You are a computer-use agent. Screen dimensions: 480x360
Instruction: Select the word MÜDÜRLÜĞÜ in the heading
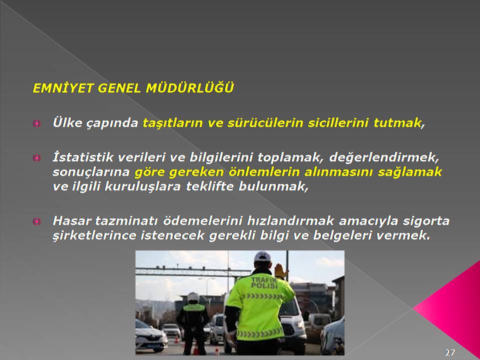[190, 87]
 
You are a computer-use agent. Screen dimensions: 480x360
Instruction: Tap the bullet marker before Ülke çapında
[36, 123]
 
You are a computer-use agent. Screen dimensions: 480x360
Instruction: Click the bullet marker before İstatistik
[36, 158]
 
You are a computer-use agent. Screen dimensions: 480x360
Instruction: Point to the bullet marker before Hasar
[36, 221]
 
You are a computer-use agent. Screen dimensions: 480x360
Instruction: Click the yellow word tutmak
[397, 123]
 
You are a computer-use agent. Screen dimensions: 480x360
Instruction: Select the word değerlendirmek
[383, 157]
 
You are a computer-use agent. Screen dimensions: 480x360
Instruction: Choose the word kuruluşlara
[142, 186]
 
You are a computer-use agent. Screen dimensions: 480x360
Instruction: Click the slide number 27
[449, 352]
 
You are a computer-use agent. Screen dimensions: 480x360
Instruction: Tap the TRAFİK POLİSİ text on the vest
[264, 282]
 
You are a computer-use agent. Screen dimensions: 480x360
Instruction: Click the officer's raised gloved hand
[280, 271]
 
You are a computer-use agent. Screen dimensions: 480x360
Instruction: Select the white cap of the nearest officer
[262, 256]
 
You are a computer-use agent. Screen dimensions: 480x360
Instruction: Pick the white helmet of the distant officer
[193, 297]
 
